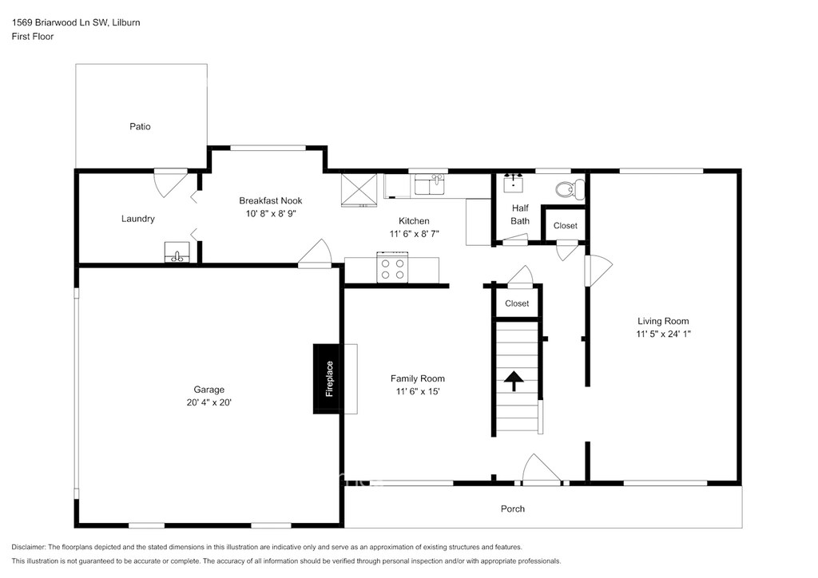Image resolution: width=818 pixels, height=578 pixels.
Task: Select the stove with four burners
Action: coord(392,267)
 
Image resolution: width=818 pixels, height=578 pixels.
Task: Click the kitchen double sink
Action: coord(430,184)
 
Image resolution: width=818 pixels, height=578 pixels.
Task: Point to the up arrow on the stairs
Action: coord(514,381)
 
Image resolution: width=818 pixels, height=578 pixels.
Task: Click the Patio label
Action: coord(140,126)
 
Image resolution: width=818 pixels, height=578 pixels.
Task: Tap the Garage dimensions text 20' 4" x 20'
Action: coord(208,402)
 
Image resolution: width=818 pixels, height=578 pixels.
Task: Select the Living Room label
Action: coord(663,321)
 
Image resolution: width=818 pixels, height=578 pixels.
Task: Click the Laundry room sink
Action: coord(177,252)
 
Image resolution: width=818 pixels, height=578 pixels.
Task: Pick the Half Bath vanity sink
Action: coord(514,184)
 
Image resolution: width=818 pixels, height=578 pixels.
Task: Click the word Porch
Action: coord(513,509)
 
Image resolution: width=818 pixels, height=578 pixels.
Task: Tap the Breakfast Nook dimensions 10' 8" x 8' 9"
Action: coord(271,213)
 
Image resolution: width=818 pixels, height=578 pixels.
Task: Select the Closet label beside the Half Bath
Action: coord(566,226)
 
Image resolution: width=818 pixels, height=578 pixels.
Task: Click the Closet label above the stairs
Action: coord(517,303)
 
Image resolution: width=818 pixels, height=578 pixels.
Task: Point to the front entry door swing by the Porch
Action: coord(542,469)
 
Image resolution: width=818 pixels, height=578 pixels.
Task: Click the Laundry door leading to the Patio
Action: coord(171,182)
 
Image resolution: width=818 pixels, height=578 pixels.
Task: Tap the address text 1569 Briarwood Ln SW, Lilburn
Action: coord(76,22)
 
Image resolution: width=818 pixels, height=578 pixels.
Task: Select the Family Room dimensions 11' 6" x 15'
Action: coord(418,391)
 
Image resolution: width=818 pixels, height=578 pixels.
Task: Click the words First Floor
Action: coord(32,37)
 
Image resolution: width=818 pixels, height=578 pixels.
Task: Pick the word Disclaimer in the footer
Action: coord(28,547)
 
